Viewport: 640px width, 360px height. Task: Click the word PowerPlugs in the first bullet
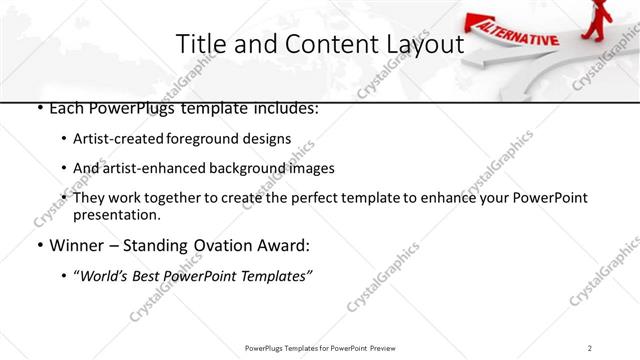click(x=128, y=107)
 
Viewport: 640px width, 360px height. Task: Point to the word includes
click(x=283, y=107)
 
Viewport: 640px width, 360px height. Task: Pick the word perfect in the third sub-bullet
click(x=310, y=198)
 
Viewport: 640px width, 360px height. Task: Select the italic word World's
click(x=104, y=275)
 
